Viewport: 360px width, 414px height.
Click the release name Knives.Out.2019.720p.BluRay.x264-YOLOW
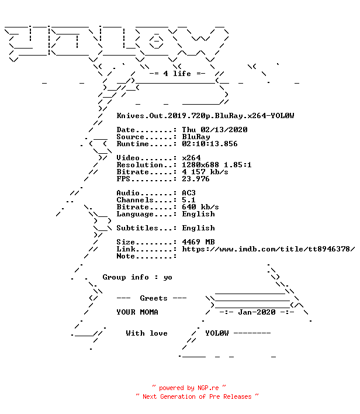point(205,116)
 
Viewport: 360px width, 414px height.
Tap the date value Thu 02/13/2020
point(214,130)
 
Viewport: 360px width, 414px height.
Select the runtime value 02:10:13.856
point(210,144)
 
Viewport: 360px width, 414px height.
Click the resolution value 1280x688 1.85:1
point(217,165)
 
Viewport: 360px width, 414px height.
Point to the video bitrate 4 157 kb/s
point(205,172)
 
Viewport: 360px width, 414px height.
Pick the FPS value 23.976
point(196,179)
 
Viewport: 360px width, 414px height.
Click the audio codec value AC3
point(189,193)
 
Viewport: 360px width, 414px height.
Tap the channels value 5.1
point(189,200)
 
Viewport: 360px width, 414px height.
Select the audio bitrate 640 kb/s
point(200,207)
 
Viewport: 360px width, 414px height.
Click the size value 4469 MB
point(198,242)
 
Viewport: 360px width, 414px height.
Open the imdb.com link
point(268,249)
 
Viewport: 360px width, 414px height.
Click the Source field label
point(130,137)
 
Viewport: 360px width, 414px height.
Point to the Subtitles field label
point(137,228)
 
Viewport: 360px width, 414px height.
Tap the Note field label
point(126,256)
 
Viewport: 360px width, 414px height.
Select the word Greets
point(154,298)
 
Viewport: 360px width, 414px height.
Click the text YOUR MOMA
point(137,312)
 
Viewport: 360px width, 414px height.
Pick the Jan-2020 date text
point(257,312)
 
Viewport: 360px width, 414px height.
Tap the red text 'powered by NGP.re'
point(189,388)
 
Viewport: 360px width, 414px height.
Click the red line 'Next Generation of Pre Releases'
point(197,396)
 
